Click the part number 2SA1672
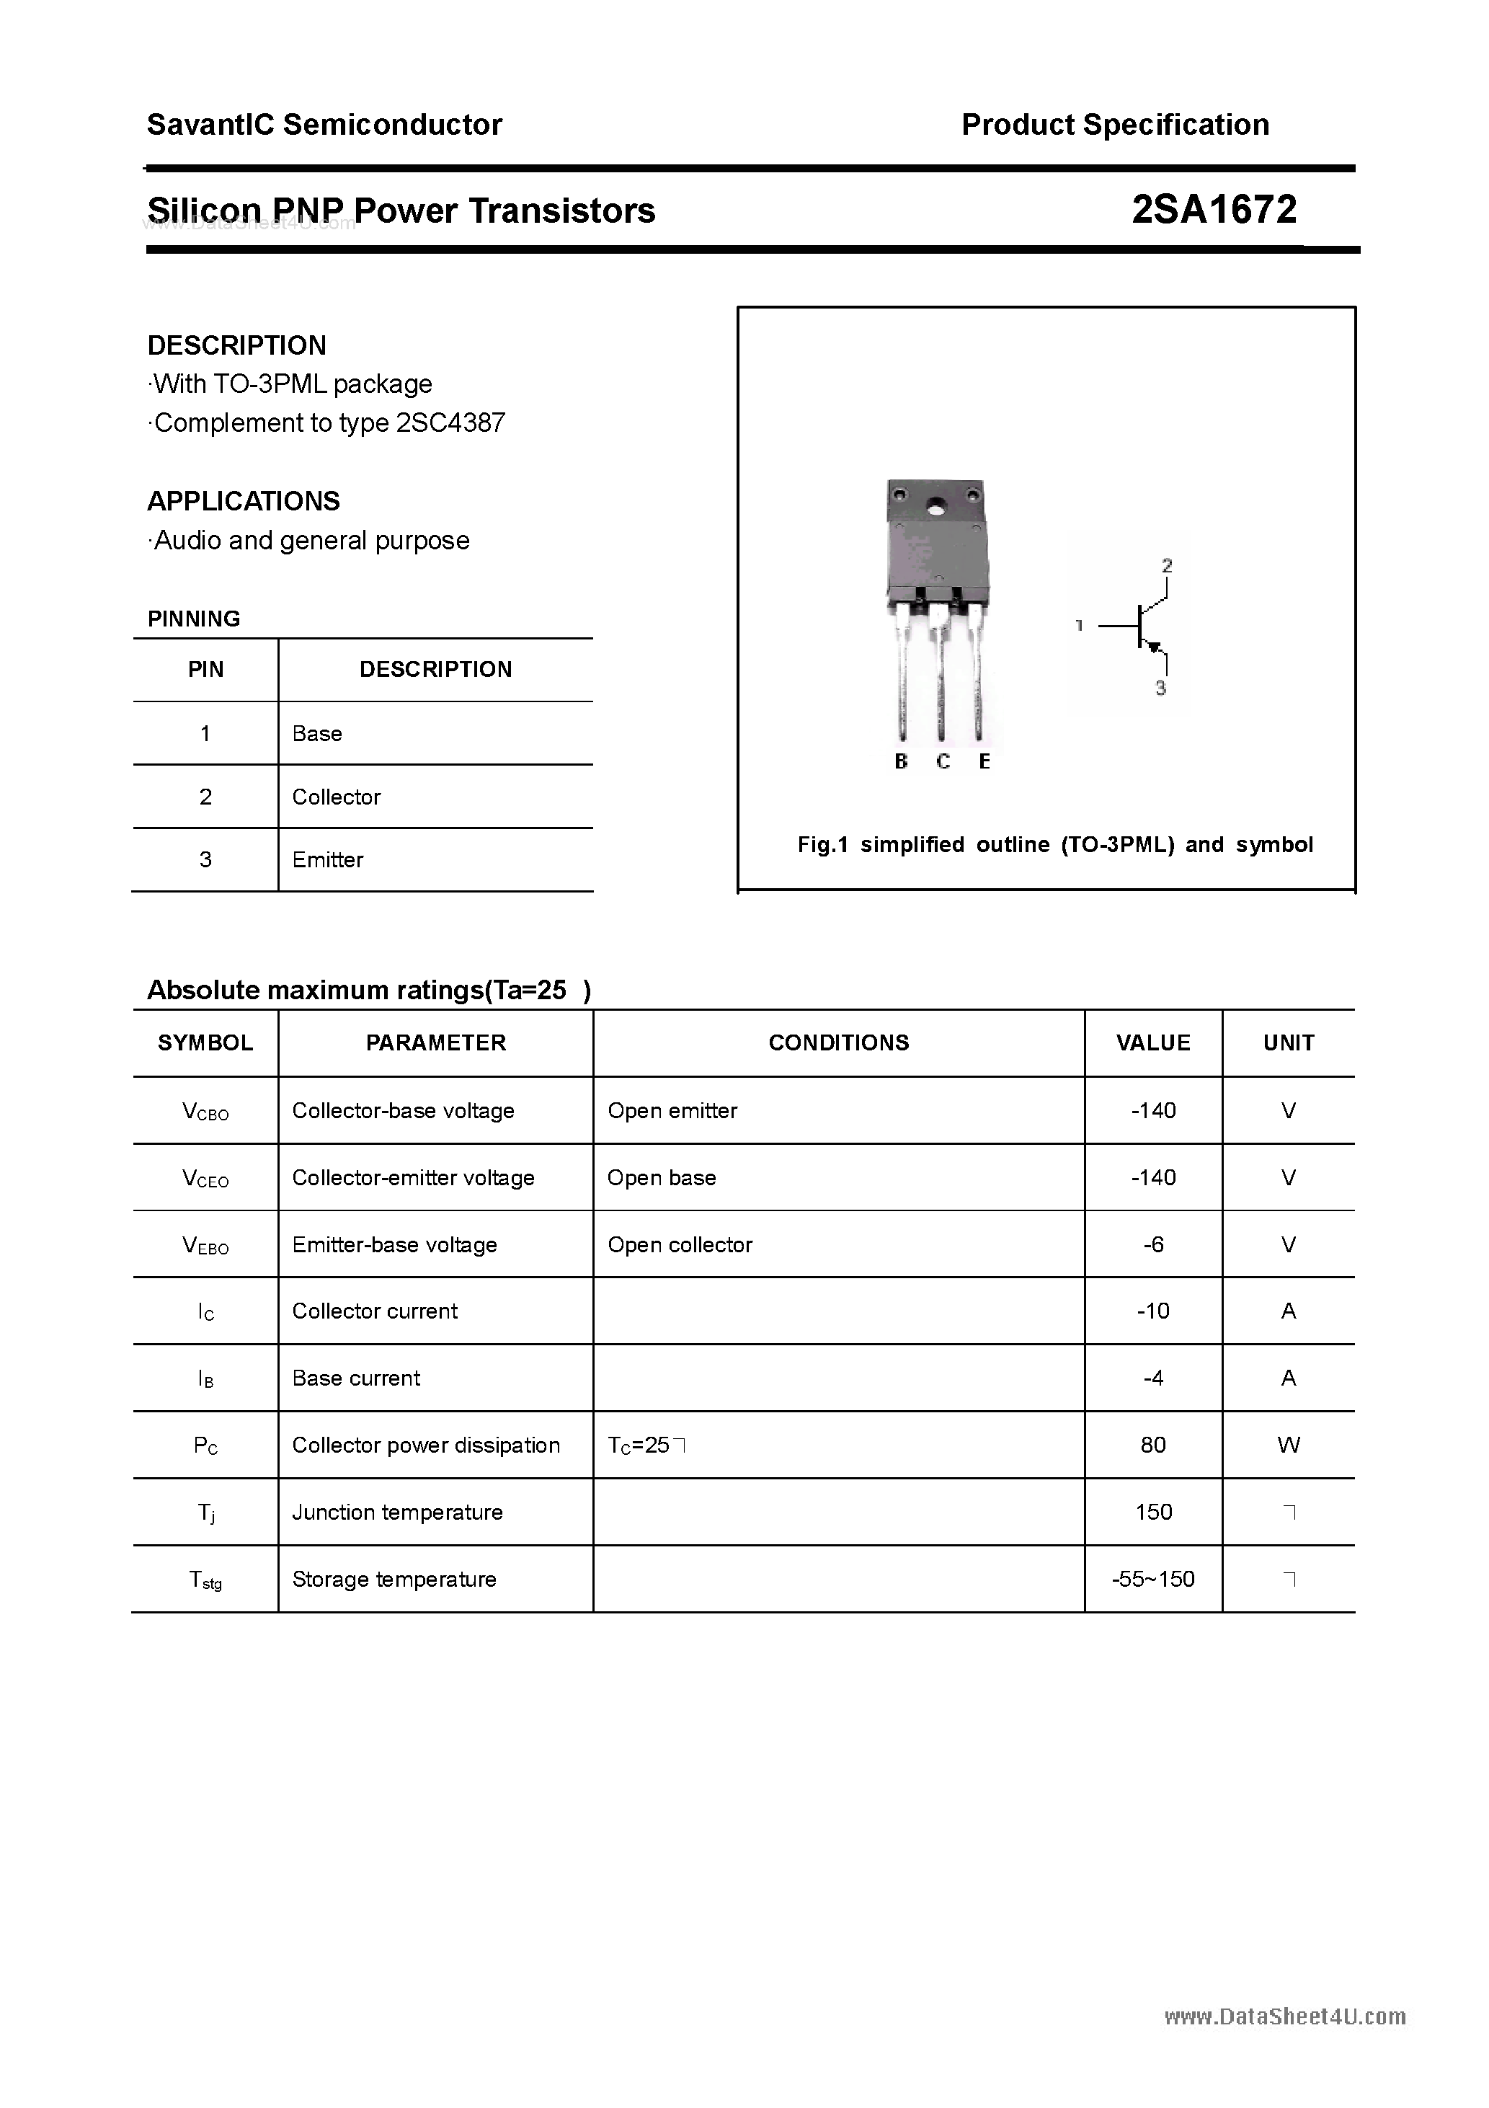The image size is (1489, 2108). (x=1214, y=211)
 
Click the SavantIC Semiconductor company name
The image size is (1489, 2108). (x=324, y=125)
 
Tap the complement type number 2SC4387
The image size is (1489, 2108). (x=450, y=423)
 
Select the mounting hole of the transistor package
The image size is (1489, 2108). (x=935, y=506)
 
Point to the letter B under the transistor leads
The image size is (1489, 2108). (x=901, y=761)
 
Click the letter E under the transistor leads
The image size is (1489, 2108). (x=984, y=761)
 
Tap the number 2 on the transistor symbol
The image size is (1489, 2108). (x=1167, y=565)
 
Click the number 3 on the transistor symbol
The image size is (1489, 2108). (x=1161, y=688)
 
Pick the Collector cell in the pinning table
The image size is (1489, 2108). (x=336, y=797)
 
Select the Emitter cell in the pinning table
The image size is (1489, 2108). (x=328, y=860)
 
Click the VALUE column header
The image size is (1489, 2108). (x=1153, y=1043)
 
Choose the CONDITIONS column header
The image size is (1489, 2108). (x=838, y=1043)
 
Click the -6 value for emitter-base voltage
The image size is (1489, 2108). (x=1153, y=1245)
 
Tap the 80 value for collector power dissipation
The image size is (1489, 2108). (x=1153, y=1445)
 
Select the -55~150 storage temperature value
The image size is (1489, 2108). (x=1153, y=1579)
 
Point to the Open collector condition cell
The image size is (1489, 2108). (x=680, y=1245)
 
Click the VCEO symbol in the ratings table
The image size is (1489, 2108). (x=205, y=1179)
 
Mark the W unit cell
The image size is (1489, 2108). (x=1288, y=1445)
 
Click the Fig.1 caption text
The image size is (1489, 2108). (x=1055, y=845)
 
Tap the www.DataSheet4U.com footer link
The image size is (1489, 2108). (x=1284, y=2016)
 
